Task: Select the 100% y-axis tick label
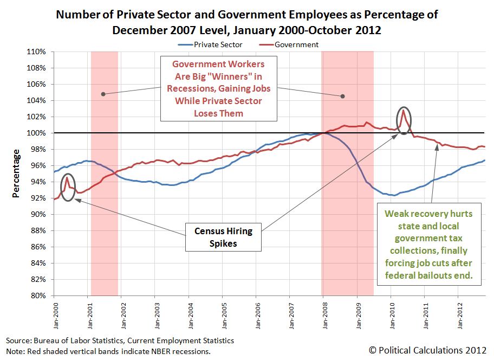coord(37,133)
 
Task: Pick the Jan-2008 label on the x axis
coord(323,313)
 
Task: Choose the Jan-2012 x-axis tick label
coord(458,313)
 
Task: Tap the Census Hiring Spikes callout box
coord(223,237)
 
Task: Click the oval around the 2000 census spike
coord(67,187)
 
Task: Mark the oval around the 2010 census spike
coord(404,121)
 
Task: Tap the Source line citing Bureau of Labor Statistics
coord(120,340)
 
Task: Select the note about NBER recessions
coord(108,351)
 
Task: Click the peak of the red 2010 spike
coord(403,111)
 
